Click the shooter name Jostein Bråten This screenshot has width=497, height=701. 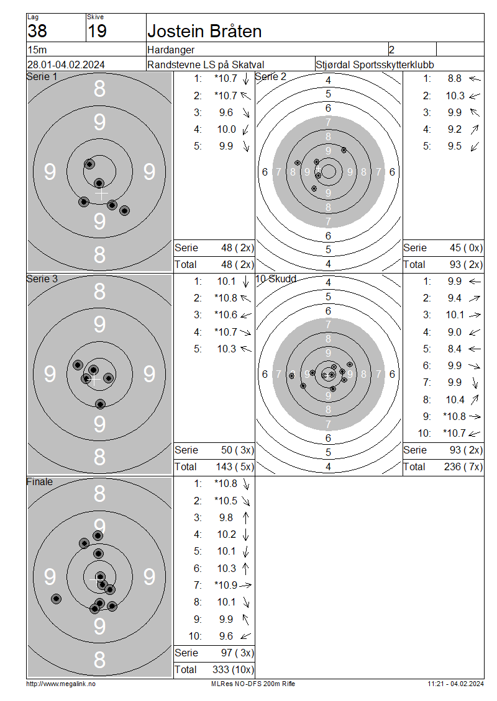(x=204, y=31)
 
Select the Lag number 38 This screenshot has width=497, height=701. (x=37, y=31)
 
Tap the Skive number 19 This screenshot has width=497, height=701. (x=97, y=31)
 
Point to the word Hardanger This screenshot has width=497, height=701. (x=171, y=50)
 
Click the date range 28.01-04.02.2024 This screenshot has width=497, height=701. (x=66, y=65)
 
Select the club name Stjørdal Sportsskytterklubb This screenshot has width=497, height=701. (x=375, y=65)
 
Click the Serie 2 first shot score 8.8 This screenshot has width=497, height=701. (x=455, y=79)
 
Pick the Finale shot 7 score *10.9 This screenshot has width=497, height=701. (x=226, y=585)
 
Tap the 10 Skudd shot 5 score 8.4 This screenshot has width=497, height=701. (x=455, y=349)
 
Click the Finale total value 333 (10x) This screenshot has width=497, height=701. (x=233, y=669)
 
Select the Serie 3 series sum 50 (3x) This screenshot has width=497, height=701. (x=237, y=450)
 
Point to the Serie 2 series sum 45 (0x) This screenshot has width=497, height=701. (x=466, y=248)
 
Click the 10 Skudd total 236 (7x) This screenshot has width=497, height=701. (x=463, y=467)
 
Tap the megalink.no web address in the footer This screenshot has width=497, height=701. (x=61, y=684)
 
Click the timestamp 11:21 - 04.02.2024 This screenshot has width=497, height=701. (x=455, y=684)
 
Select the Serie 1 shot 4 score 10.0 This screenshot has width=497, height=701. (x=227, y=129)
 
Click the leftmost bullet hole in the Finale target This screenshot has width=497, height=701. (x=56, y=599)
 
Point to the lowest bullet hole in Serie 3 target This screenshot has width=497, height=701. (x=100, y=404)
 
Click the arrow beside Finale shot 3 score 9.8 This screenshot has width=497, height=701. (x=245, y=518)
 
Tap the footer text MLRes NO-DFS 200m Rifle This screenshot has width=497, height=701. (x=253, y=684)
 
